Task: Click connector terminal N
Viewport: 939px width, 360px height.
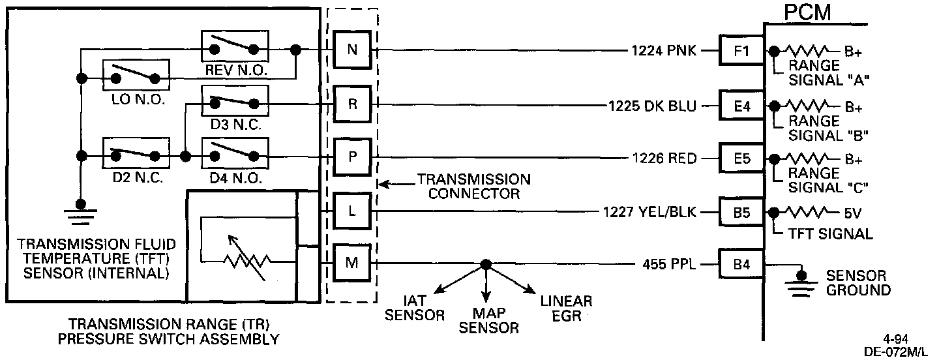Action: pos(352,50)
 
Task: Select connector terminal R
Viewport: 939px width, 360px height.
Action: pos(352,104)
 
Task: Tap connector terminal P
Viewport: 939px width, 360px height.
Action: pos(352,157)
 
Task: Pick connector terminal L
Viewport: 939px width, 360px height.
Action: pos(352,211)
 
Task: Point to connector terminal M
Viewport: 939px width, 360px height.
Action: pos(352,263)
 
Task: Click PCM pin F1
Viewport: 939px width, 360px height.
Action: pos(742,50)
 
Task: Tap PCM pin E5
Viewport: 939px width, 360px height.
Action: pos(742,157)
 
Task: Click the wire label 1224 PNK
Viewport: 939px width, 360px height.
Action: pos(663,50)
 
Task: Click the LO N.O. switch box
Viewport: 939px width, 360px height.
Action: pos(136,78)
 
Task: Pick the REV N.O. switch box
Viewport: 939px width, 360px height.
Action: pos(234,48)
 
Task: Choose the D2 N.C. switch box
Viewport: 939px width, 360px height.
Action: pos(136,156)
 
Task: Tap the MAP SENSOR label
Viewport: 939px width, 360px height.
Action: pos(489,320)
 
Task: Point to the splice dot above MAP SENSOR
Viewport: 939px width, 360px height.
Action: pos(485,264)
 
